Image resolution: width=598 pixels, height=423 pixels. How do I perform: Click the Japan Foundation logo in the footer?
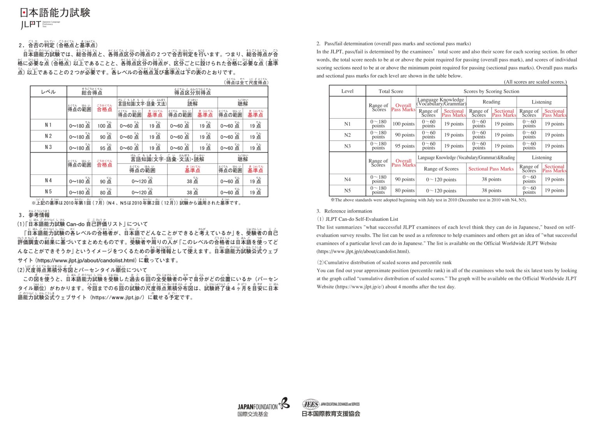(263, 407)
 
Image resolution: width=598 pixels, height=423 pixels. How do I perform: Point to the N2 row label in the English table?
(347, 135)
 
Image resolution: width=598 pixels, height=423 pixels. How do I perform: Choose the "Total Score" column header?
(391, 91)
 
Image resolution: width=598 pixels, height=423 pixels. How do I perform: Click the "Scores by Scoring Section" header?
(491, 91)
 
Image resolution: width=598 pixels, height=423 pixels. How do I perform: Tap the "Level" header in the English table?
(347, 91)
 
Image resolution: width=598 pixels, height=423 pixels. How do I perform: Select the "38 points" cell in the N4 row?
(491, 180)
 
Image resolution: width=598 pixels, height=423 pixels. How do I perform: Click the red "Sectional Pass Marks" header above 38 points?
(491, 169)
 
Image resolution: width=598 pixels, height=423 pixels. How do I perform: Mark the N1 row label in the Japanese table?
(48, 125)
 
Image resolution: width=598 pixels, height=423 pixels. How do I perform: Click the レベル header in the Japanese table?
(48, 92)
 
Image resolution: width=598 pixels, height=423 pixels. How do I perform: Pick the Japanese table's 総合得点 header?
(92, 92)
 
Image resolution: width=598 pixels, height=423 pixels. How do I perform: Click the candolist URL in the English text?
(363, 251)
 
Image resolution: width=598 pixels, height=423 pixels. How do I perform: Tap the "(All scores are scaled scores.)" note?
(535, 82)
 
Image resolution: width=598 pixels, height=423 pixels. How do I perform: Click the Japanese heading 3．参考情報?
(34, 215)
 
